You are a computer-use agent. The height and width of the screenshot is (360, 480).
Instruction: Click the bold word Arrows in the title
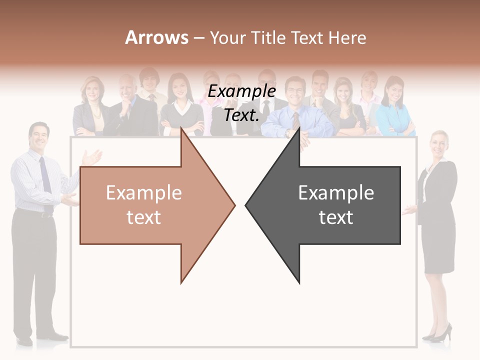156,37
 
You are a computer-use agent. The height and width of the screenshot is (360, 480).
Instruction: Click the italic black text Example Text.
242,103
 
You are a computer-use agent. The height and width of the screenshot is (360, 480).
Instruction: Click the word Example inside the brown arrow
144,193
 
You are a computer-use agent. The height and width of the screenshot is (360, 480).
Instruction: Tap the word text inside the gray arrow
336,217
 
